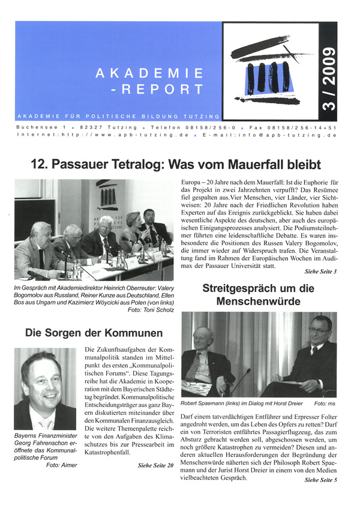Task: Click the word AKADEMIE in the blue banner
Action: tap(149, 73)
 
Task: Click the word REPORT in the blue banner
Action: tap(166, 90)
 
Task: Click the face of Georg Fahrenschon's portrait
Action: tap(42, 378)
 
